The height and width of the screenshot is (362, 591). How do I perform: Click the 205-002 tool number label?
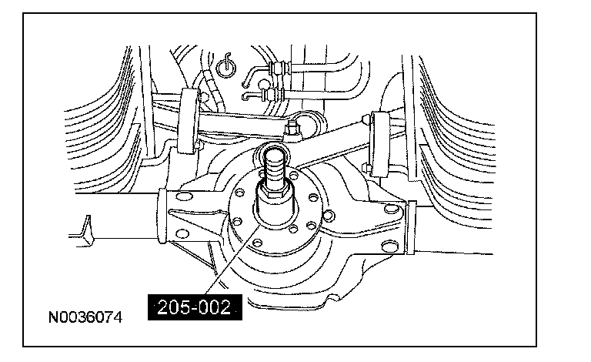194,307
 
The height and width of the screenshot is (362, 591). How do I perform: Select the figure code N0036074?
85,317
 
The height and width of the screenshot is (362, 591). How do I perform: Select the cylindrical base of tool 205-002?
275,208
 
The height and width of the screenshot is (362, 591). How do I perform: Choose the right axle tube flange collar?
410,227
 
